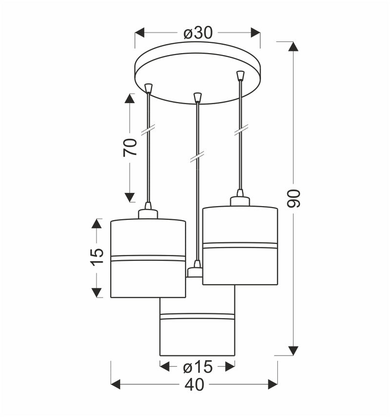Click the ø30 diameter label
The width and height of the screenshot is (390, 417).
[x=198, y=33]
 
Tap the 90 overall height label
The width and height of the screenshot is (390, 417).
[x=294, y=198]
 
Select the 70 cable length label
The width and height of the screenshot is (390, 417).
[x=130, y=147]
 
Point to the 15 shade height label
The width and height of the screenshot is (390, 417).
[x=97, y=257]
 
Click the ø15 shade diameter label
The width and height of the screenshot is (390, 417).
[x=197, y=366]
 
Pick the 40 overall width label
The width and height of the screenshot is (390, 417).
[x=195, y=385]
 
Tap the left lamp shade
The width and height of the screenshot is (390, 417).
[x=148, y=258]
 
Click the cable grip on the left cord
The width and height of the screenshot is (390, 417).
[x=149, y=88]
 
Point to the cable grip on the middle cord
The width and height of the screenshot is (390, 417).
[x=197, y=97]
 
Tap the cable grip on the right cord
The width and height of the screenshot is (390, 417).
[x=240, y=76]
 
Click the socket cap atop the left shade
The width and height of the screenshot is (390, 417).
[x=148, y=212]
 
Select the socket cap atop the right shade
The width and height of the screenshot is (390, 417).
[x=240, y=200]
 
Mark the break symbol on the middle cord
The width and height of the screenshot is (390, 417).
[x=197, y=156]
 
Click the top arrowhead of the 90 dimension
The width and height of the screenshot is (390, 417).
[x=293, y=46]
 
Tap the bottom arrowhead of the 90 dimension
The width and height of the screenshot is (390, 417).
[x=293, y=350]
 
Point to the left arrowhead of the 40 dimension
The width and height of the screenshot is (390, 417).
[x=116, y=385]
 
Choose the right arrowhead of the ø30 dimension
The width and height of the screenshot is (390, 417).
[x=255, y=33]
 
